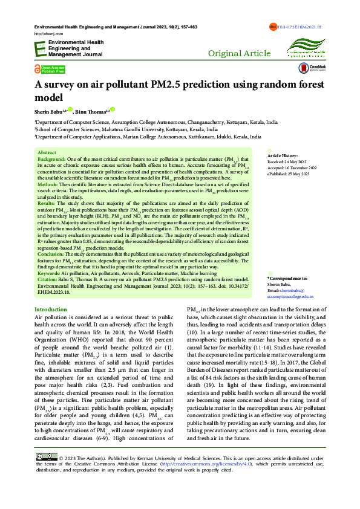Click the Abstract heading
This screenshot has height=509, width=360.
click(x=47, y=154)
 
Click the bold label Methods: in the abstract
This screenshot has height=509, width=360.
click(x=48, y=184)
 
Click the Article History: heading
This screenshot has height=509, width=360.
click(x=282, y=156)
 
